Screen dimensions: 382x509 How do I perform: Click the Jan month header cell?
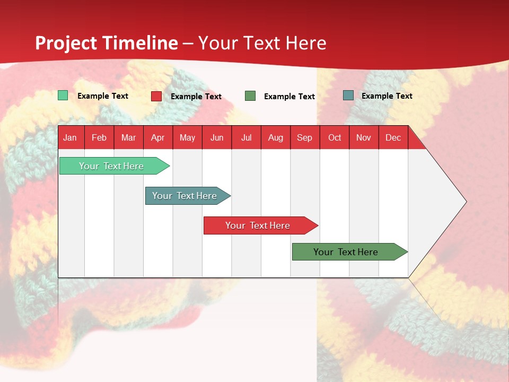pos(71,137)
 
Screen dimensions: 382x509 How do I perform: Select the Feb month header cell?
pos(99,137)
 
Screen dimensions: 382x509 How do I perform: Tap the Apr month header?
pos(157,137)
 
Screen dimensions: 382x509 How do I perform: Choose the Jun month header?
pos(217,137)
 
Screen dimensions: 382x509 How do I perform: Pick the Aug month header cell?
pos(275,137)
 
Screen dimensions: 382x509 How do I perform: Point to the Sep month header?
pos(305,137)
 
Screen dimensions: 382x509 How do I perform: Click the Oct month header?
pos(335,137)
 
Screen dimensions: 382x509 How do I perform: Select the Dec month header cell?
pos(393,137)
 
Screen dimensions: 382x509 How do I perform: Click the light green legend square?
pos(63,95)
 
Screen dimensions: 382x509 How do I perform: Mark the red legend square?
pos(156,96)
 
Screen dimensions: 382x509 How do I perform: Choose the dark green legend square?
pos(250,96)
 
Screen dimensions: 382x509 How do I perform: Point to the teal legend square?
pos(348,95)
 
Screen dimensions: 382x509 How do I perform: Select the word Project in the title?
pos(66,43)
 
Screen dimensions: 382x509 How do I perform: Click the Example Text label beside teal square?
pos(387,96)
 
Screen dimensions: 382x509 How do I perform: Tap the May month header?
pos(187,137)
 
